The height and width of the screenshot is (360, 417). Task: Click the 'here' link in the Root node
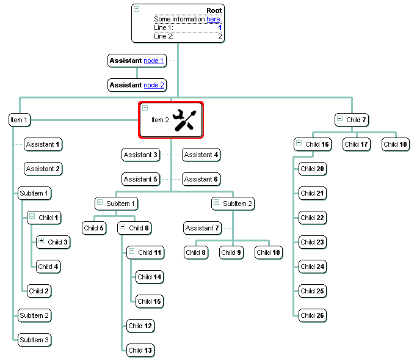[213, 20]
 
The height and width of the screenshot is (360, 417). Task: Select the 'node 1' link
[154, 61]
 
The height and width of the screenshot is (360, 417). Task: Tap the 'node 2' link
[154, 85]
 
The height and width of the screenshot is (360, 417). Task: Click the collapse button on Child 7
[339, 119]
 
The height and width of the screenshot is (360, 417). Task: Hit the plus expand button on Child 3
[41, 241]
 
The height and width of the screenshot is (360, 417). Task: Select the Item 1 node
[19, 120]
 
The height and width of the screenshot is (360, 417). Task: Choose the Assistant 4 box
[201, 155]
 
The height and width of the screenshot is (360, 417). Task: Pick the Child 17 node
[355, 144]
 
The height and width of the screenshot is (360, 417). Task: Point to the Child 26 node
[312, 315]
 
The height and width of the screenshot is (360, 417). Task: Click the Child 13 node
[140, 350]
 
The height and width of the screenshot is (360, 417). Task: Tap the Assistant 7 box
[202, 228]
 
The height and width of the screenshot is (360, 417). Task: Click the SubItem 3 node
[34, 339]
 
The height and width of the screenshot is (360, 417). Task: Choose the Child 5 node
[94, 228]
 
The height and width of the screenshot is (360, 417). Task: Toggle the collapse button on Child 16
[299, 144]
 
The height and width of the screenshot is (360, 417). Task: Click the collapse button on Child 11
[131, 252]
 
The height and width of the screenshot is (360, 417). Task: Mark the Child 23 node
[312, 242]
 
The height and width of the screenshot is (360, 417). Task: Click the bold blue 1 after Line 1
[220, 28]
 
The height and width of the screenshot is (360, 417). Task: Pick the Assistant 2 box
[43, 169]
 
